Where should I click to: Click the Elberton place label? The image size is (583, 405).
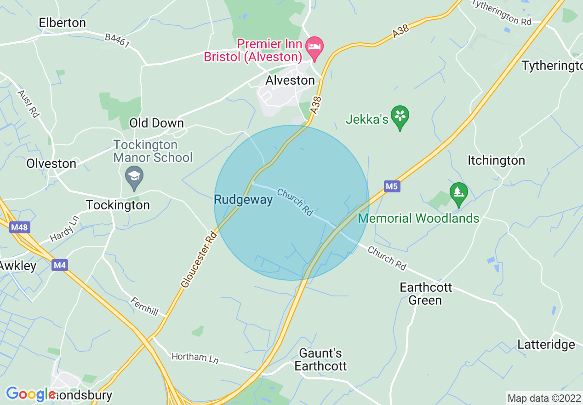pyautogui.click(x=62, y=23)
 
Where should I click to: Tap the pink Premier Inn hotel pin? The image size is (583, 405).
pyautogui.click(x=315, y=48)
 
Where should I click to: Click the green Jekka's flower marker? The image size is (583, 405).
pyautogui.click(x=400, y=116)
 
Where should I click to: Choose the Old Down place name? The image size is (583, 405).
pyautogui.click(x=156, y=123)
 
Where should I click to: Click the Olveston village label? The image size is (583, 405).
pyautogui.click(x=51, y=163)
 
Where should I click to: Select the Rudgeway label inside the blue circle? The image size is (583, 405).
pyautogui.click(x=243, y=200)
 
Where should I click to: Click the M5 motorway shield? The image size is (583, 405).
pyautogui.click(x=391, y=186)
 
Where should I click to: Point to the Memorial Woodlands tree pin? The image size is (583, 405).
pyautogui.click(x=458, y=192)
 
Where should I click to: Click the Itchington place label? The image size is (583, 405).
pyautogui.click(x=496, y=161)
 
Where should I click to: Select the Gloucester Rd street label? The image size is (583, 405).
pyautogui.click(x=199, y=260)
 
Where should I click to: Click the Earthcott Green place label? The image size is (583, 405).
pyautogui.click(x=426, y=294)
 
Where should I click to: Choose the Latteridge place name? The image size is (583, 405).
pyautogui.click(x=546, y=344)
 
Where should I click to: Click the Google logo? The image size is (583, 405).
pyautogui.click(x=31, y=394)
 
